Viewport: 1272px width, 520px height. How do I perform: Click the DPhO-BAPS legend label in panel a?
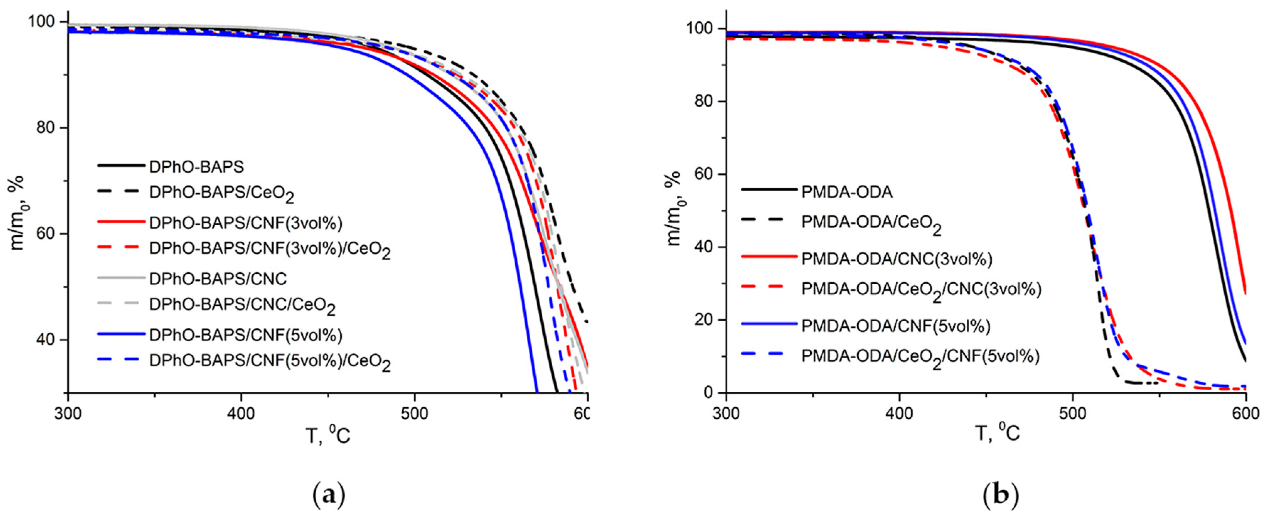pyautogui.click(x=196, y=167)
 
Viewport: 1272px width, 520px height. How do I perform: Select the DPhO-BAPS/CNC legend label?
pyautogui.click(x=218, y=279)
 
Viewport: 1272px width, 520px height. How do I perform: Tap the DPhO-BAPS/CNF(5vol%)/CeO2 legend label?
pyautogui.click(x=270, y=363)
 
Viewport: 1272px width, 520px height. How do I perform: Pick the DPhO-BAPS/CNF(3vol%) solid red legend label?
pyautogui.click(x=246, y=223)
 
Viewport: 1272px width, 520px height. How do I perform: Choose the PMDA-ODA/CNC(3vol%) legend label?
pyautogui.click(x=896, y=259)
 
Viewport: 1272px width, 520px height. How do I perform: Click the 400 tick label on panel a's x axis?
pyautogui.click(x=241, y=414)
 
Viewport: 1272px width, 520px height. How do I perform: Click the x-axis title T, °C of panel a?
pyautogui.click(x=328, y=435)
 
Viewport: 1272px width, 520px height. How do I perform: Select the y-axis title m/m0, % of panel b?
pyautogui.click(x=673, y=208)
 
